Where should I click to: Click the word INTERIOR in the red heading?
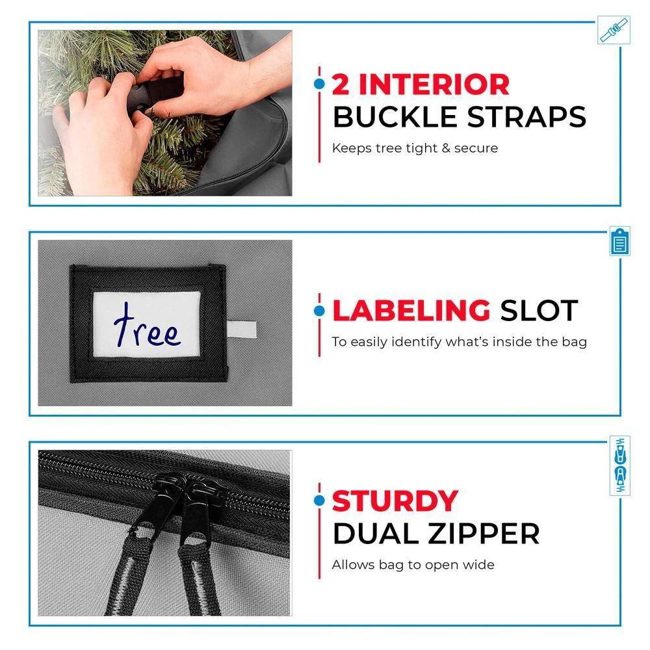coord(434,84)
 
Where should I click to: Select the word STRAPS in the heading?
coord(526,116)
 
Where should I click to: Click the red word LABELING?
coord(411,311)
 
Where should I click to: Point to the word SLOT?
coord(539,311)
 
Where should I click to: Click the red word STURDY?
coord(395,501)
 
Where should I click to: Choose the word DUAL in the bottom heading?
coord(376,534)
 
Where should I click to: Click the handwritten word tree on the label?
coord(147,326)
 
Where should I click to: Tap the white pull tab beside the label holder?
coord(241,329)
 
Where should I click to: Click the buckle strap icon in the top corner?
coord(614,31)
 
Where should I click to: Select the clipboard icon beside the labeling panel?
coord(619,241)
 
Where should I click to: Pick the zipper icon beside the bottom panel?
coord(619,465)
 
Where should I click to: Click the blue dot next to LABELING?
coord(319,311)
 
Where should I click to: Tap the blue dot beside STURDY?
coord(319,500)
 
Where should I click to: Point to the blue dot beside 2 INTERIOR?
coord(319,84)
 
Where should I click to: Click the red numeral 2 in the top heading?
coord(341,84)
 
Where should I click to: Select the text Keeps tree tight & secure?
coord(415,148)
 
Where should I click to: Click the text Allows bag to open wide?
coord(413,565)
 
